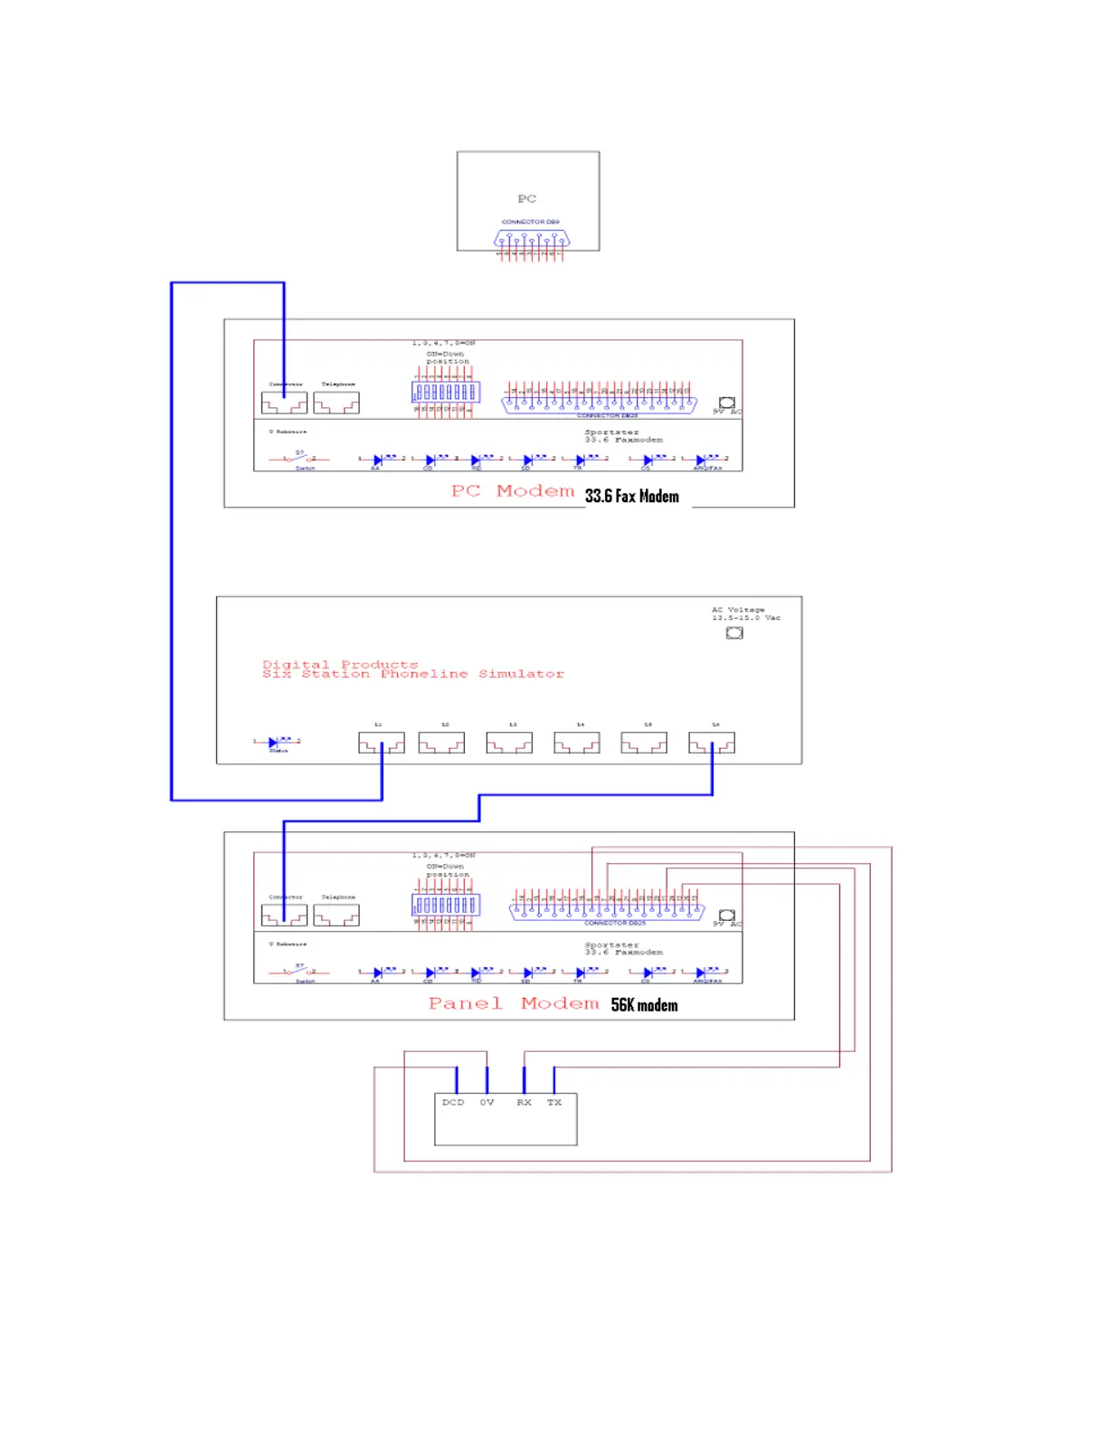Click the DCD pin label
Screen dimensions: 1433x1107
point(452,1102)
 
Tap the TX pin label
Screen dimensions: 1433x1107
point(554,1102)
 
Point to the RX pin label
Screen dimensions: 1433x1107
point(524,1102)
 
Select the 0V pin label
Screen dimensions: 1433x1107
point(487,1102)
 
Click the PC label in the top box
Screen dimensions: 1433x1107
point(526,198)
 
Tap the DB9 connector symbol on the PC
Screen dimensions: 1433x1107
point(532,240)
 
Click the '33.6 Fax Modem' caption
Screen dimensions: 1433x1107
point(631,496)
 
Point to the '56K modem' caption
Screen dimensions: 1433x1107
point(644,1005)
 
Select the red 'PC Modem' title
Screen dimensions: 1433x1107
point(513,491)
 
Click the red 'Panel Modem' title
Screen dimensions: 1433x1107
point(514,1003)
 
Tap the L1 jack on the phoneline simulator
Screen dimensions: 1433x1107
point(381,743)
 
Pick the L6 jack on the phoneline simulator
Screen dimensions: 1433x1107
point(711,743)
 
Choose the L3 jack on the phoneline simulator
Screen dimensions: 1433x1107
point(509,743)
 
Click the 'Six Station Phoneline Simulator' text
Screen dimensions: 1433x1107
point(413,674)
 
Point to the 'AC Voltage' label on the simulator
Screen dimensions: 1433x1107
point(738,610)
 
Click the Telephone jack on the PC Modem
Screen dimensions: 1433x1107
point(336,403)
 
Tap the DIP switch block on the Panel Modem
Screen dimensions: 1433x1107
point(446,905)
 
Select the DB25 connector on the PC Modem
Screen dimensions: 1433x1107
point(600,401)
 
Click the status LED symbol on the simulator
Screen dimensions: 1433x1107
point(275,743)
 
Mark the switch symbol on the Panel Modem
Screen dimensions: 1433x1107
point(299,972)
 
